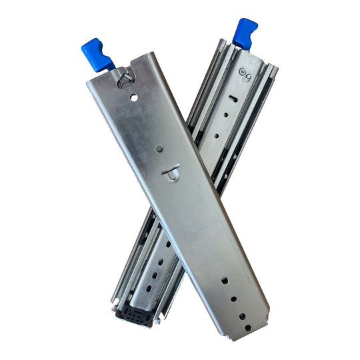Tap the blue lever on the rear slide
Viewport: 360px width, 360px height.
point(244,33)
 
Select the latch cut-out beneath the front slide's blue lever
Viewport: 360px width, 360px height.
point(123,77)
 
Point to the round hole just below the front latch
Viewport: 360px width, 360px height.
point(134,97)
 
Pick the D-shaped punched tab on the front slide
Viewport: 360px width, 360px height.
point(171,172)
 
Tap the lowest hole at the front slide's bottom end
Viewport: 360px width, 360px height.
point(248,327)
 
